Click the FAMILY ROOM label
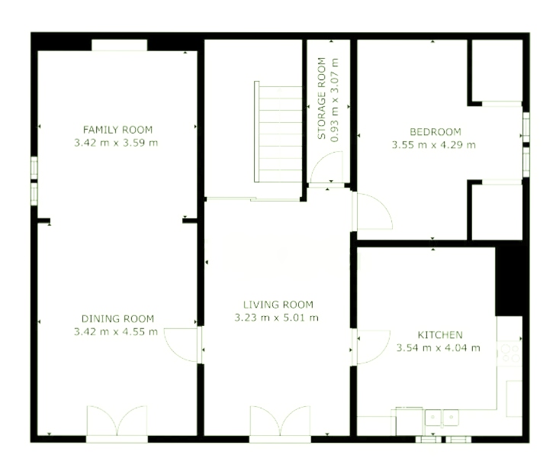(x=117, y=130)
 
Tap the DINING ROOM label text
(x=117, y=319)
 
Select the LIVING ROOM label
(x=278, y=305)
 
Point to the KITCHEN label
(x=440, y=335)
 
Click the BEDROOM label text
(x=435, y=132)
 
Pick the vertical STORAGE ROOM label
(x=322, y=98)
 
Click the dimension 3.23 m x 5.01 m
(x=277, y=318)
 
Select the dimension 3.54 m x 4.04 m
(x=439, y=348)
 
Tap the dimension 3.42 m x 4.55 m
(x=116, y=332)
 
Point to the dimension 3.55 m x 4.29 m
(x=434, y=145)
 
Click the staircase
(x=278, y=131)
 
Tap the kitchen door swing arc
(x=383, y=353)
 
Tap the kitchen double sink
(x=442, y=418)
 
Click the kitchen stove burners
(x=510, y=353)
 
